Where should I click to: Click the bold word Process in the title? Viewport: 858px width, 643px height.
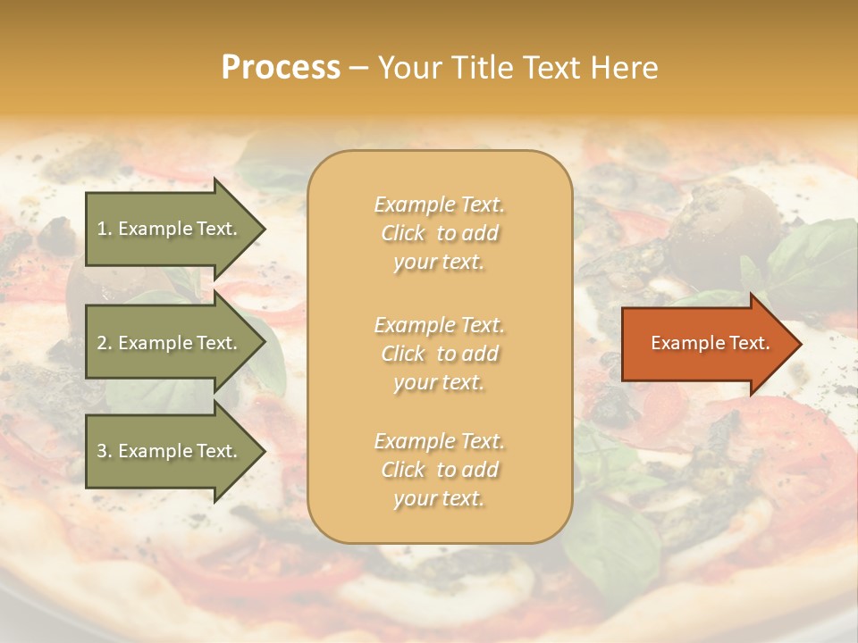281,68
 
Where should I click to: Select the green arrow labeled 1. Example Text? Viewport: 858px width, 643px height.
168,229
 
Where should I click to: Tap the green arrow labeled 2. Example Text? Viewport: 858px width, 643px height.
168,343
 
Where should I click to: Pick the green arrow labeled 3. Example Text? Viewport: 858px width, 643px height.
168,451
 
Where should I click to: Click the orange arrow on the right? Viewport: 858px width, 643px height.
706,343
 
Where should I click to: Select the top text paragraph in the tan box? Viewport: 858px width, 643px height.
439,233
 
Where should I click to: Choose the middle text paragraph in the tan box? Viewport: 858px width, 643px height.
439,354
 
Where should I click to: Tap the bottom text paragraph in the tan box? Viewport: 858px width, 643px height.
439,470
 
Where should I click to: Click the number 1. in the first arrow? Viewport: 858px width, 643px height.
104,229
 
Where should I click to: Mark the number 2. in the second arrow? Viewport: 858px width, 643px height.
105,343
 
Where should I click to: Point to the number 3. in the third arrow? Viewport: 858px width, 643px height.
105,451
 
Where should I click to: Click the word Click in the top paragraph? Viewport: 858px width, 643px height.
403,234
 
